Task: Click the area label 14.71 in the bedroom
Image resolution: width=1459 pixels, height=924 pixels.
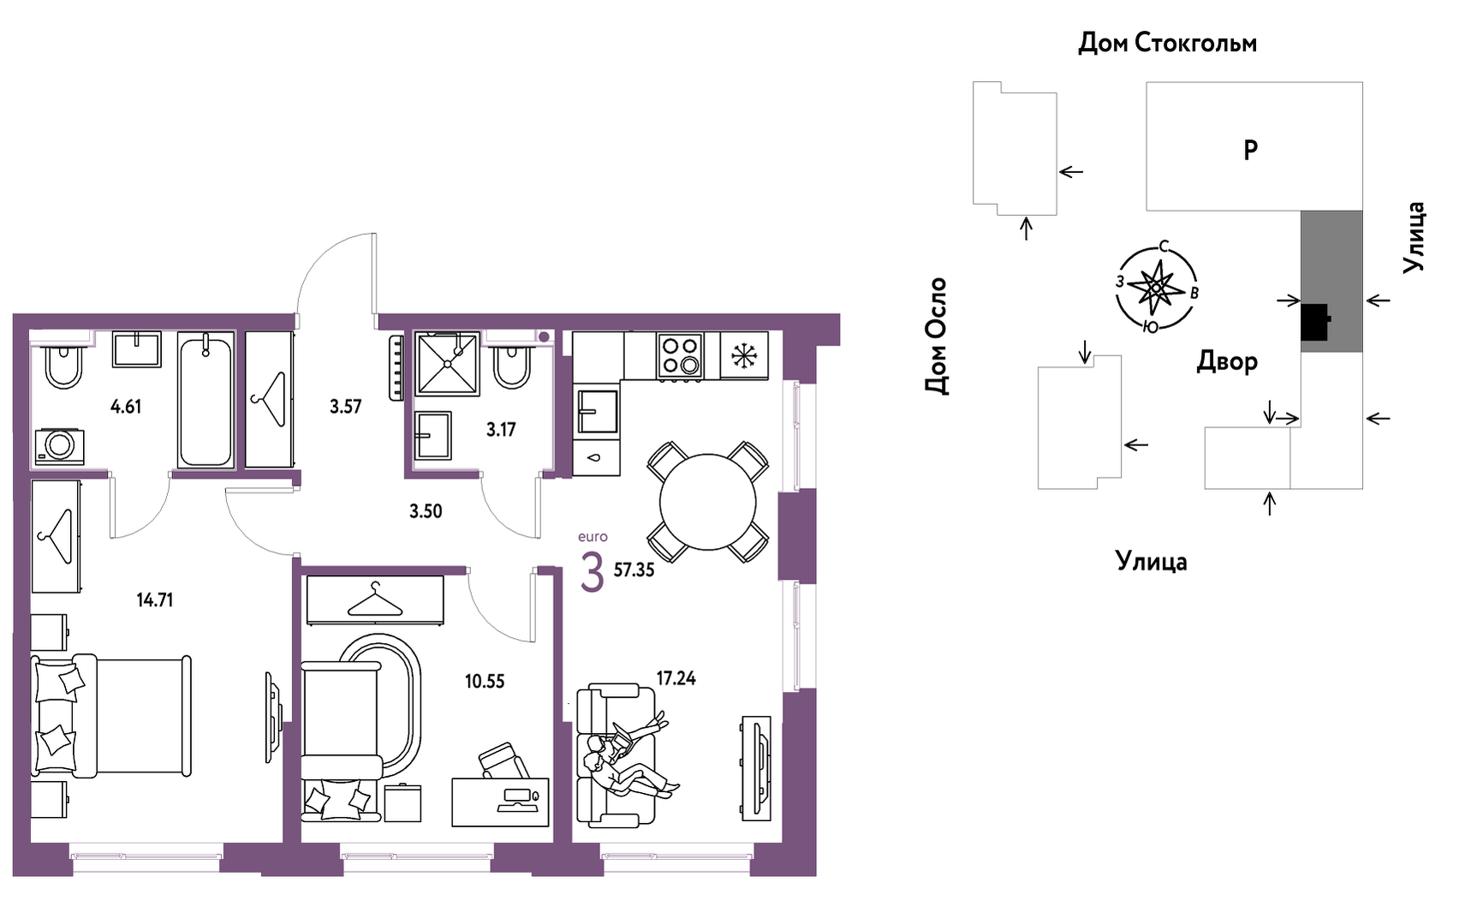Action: [155, 599]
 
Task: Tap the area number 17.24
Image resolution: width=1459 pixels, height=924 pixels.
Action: [676, 678]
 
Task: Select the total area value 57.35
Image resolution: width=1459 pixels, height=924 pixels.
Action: [634, 570]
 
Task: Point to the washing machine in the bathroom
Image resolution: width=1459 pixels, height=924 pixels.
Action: [60, 446]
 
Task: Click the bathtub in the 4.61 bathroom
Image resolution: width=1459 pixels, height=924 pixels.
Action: [205, 400]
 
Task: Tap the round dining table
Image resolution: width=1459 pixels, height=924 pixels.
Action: [708, 502]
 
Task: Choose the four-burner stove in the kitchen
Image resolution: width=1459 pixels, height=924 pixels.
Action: [679, 355]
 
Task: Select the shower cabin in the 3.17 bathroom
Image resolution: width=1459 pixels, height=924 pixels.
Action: [448, 364]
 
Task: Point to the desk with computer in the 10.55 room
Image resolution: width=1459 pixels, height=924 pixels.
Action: [500, 802]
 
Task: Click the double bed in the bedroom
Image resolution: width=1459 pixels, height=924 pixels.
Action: [111, 716]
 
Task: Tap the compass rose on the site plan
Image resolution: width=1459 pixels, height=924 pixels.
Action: [1157, 287]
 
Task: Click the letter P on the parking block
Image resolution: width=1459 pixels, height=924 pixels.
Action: [1251, 151]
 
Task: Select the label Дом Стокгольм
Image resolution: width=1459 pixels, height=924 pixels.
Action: [1167, 43]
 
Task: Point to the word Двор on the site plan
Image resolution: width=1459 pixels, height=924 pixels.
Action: [1227, 361]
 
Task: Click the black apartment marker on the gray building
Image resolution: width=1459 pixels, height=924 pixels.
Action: [1314, 322]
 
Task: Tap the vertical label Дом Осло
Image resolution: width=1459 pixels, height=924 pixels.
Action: [937, 337]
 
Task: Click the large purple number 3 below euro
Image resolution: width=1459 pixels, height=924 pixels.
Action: [592, 571]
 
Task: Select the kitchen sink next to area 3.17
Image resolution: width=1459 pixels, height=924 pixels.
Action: [598, 411]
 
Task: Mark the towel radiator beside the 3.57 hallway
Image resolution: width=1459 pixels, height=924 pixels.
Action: [396, 367]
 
